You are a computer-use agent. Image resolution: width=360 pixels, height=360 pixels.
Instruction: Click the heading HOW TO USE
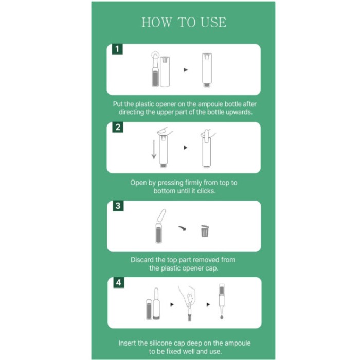[184, 22]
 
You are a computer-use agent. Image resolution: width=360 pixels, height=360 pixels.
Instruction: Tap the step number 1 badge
[117, 49]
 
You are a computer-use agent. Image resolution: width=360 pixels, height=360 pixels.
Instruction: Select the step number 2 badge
[118, 127]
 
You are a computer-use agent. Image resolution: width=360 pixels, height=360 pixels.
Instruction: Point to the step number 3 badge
[118, 206]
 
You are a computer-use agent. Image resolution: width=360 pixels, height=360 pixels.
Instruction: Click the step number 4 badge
[119, 282]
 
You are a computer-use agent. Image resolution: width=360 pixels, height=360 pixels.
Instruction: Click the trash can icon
[205, 231]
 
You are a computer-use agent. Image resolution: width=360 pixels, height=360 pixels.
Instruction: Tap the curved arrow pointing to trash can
[182, 228]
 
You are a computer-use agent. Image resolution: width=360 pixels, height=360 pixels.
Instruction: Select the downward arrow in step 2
[154, 150]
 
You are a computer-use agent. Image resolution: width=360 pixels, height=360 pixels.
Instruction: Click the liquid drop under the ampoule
[222, 317]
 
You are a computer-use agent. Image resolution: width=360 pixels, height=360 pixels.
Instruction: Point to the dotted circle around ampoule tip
[155, 55]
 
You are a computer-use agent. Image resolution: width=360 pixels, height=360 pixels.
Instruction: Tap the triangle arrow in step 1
[186, 70]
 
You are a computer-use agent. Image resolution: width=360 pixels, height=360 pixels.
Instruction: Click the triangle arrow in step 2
[186, 148]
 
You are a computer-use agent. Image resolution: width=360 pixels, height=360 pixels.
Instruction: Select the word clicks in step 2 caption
[206, 191]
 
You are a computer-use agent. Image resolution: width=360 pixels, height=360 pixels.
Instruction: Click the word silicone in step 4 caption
[160, 343]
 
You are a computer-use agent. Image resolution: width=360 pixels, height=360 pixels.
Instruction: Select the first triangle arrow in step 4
[172, 304]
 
